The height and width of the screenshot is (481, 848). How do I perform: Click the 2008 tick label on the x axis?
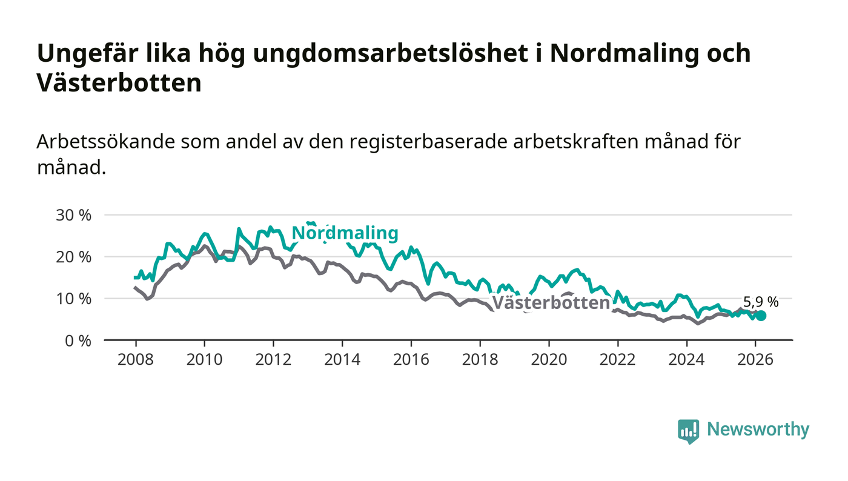135,360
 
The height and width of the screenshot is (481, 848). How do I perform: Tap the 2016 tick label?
411,360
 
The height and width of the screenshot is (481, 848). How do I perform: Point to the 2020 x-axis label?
549,360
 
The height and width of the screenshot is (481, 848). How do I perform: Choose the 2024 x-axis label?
686,360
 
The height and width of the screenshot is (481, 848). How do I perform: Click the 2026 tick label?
755,360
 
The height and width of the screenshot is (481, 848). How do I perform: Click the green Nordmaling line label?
345,233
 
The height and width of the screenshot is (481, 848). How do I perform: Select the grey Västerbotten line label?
551,303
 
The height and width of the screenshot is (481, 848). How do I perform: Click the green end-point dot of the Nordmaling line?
761,316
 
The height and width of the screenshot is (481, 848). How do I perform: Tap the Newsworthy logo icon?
688,431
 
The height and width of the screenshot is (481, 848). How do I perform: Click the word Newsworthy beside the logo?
758,430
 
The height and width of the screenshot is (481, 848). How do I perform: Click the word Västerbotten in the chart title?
119,84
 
